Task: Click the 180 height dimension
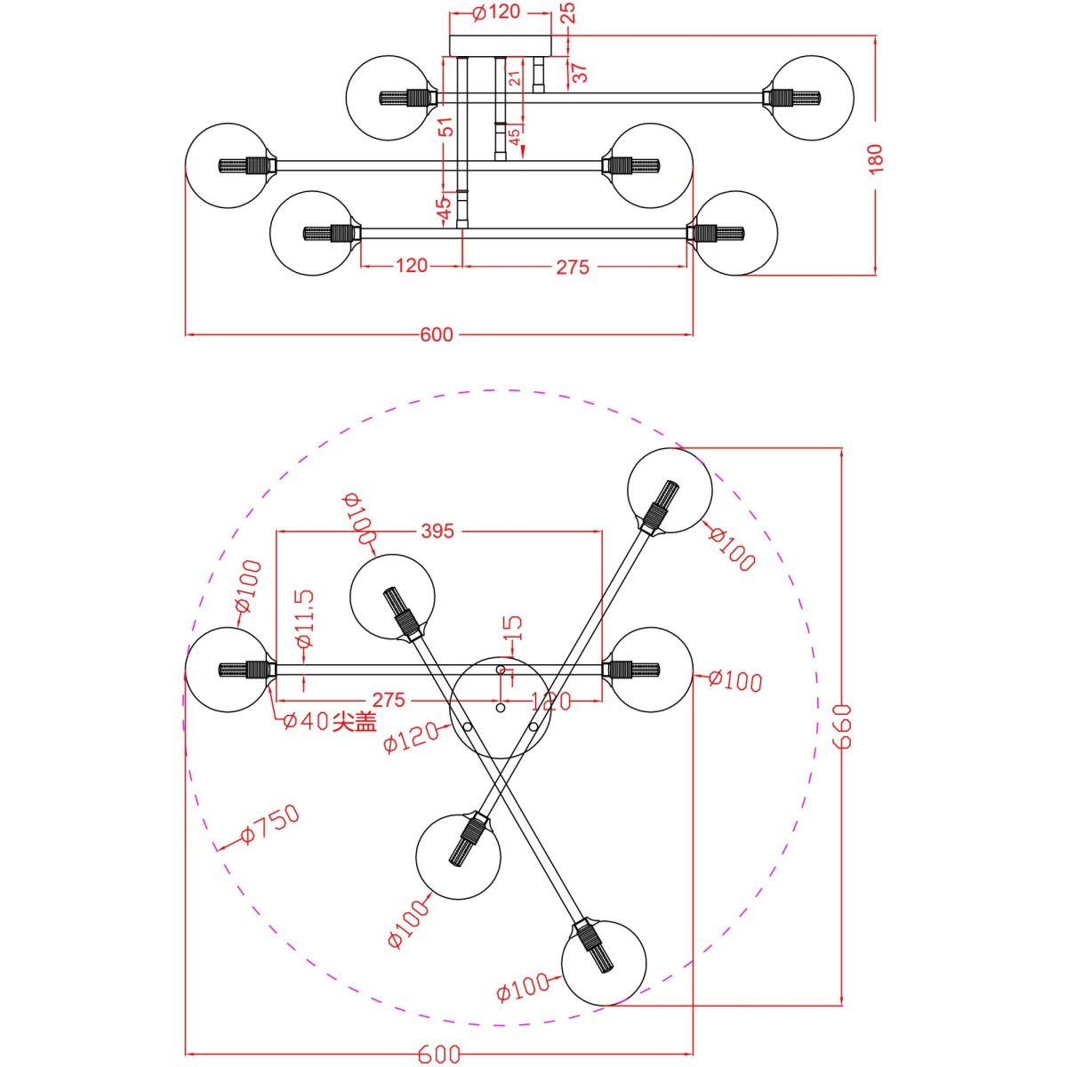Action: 876,158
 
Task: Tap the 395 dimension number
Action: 437,531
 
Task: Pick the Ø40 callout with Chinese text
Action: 330,721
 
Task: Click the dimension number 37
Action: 580,73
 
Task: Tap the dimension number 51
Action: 447,126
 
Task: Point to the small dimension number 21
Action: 514,78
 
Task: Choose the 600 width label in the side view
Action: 437,335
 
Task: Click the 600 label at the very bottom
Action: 439,1055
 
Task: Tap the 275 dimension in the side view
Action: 573,266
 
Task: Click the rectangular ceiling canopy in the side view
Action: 501,45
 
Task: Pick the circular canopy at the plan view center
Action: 501,707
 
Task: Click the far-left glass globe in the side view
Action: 228,165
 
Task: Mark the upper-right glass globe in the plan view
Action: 670,491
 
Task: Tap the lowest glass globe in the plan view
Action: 604,962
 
